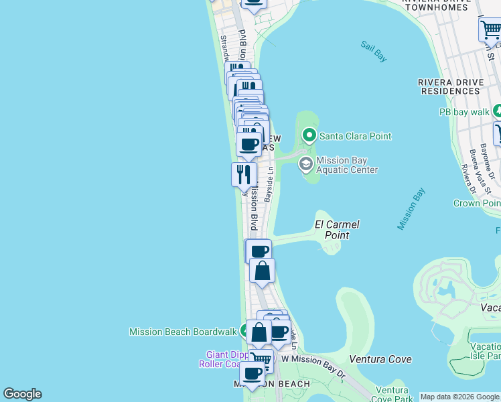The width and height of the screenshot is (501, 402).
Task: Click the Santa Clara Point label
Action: click(x=355, y=136)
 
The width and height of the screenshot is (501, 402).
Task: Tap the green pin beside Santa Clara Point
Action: click(x=309, y=136)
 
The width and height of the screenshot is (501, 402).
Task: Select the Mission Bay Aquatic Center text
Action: click(x=347, y=165)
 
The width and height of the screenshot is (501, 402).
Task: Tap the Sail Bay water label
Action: click(x=374, y=52)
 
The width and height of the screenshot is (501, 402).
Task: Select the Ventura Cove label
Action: click(x=380, y=359)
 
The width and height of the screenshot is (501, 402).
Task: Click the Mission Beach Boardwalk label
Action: click(x=183, y=331)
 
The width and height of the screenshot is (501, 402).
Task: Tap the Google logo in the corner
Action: click(x=22, y=394)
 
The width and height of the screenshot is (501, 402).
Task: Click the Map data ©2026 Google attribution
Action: click(x=459, y=396)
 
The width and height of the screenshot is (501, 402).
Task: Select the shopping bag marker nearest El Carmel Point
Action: click(x=262, y=271)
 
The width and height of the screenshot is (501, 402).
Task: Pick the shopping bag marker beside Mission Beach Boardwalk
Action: click(x=259, y=332)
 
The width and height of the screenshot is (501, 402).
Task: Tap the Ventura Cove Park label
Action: click(x=392, y=394)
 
